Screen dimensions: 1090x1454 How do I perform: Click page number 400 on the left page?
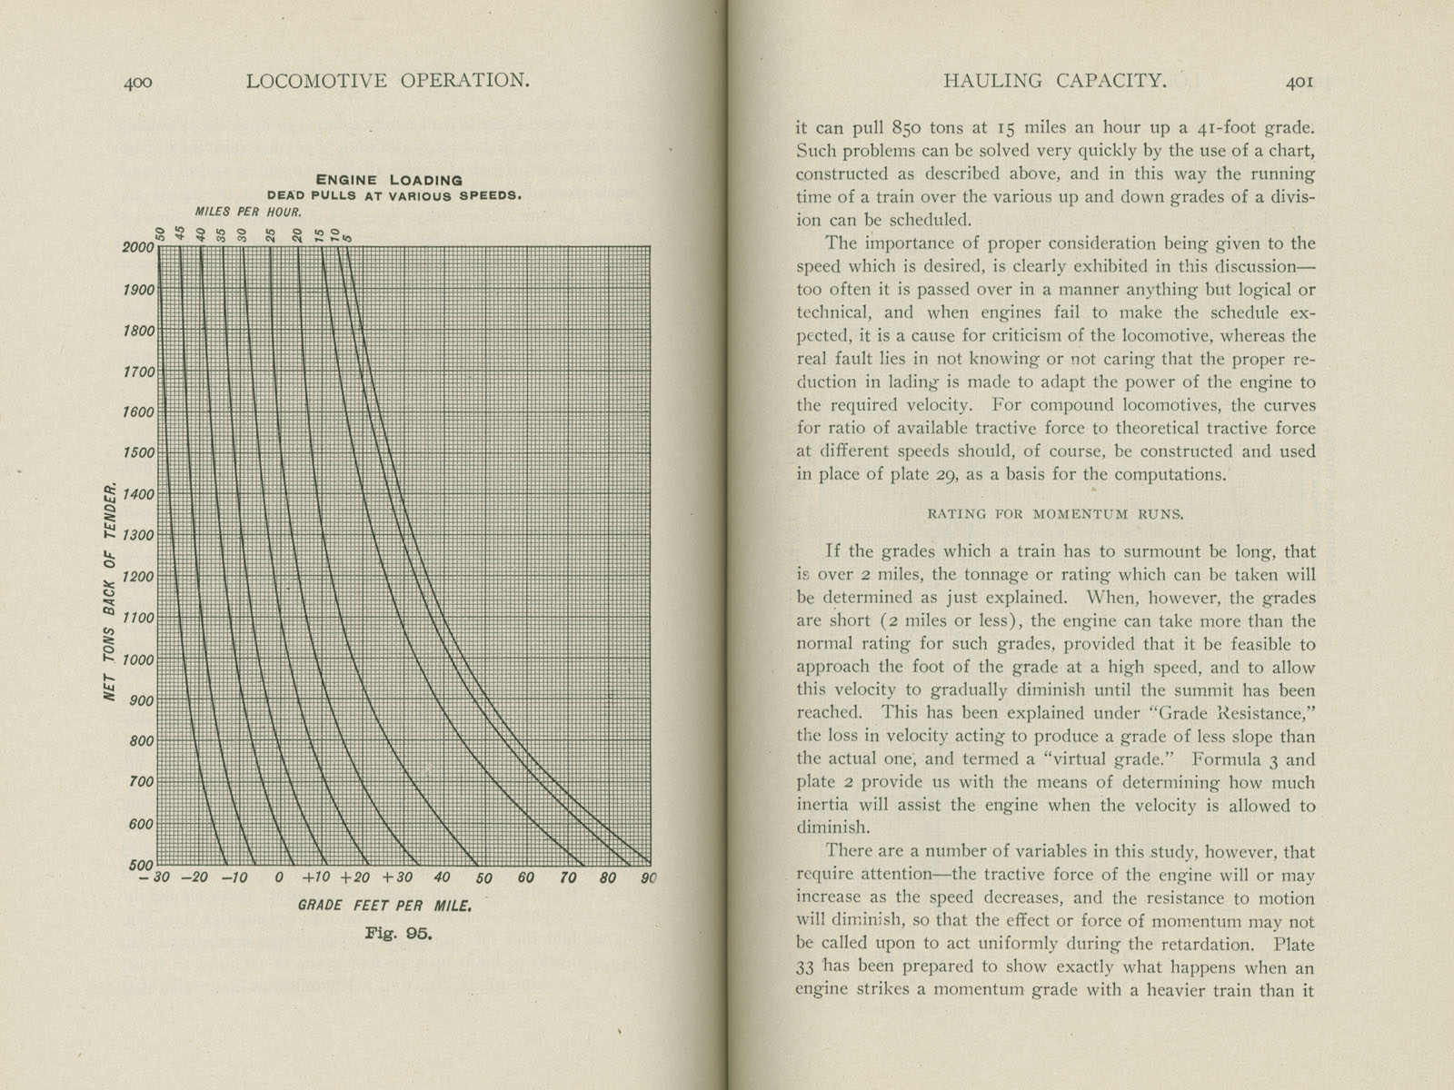tap(137, 82)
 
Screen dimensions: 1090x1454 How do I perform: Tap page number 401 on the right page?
tap(1300, 82)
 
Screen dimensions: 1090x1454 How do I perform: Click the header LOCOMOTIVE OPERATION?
tap(387, 81)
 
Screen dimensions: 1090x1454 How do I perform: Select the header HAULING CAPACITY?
tap(1054, 81)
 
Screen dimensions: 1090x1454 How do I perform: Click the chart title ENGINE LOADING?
tap(388, 180)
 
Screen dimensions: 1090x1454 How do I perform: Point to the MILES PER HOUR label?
tap(241, 211)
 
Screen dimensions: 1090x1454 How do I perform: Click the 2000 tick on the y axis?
tap(138, 247)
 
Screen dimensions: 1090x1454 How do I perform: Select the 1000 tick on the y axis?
tap(138, 660)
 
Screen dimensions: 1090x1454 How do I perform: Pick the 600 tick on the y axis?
tap(142, 824)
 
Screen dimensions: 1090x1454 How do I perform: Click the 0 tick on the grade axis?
tap(279, 878)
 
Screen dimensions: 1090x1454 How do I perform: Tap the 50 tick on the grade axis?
tap(483, 878)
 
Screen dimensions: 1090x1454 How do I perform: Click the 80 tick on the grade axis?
tap(608, 878)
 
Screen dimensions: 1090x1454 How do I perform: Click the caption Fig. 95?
tap(398, 933)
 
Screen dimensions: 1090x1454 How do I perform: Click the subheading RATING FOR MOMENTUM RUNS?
tap(1055, 514)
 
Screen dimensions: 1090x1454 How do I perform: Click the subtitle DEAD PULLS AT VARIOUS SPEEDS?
tap(393, 195)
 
